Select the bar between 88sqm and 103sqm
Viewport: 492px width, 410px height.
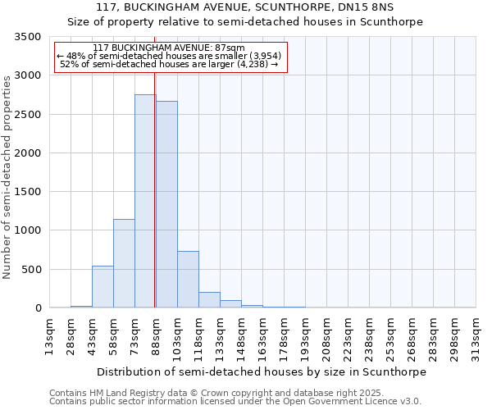(166, 204)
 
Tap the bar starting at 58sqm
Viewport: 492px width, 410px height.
(124, 263)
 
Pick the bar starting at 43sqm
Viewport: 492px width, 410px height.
(102, 287)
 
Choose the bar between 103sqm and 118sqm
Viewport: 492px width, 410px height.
(188, 280)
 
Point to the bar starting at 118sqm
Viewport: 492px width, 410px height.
(209, 300)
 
